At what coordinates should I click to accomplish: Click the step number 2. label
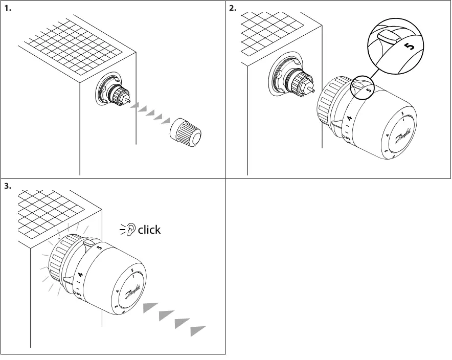point(233,8)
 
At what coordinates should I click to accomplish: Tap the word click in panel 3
point(149,230)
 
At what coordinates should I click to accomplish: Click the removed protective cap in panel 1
point(186,132)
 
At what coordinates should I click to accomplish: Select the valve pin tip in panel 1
point(131,101)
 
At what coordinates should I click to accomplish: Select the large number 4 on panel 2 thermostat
point(350,119)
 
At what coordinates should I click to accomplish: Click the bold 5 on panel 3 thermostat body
point(99,247)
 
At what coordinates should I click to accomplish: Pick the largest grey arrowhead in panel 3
point(197,330)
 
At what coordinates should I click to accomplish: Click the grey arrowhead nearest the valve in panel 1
point(134,106)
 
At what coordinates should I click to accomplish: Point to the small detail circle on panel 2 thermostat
point(362,86)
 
